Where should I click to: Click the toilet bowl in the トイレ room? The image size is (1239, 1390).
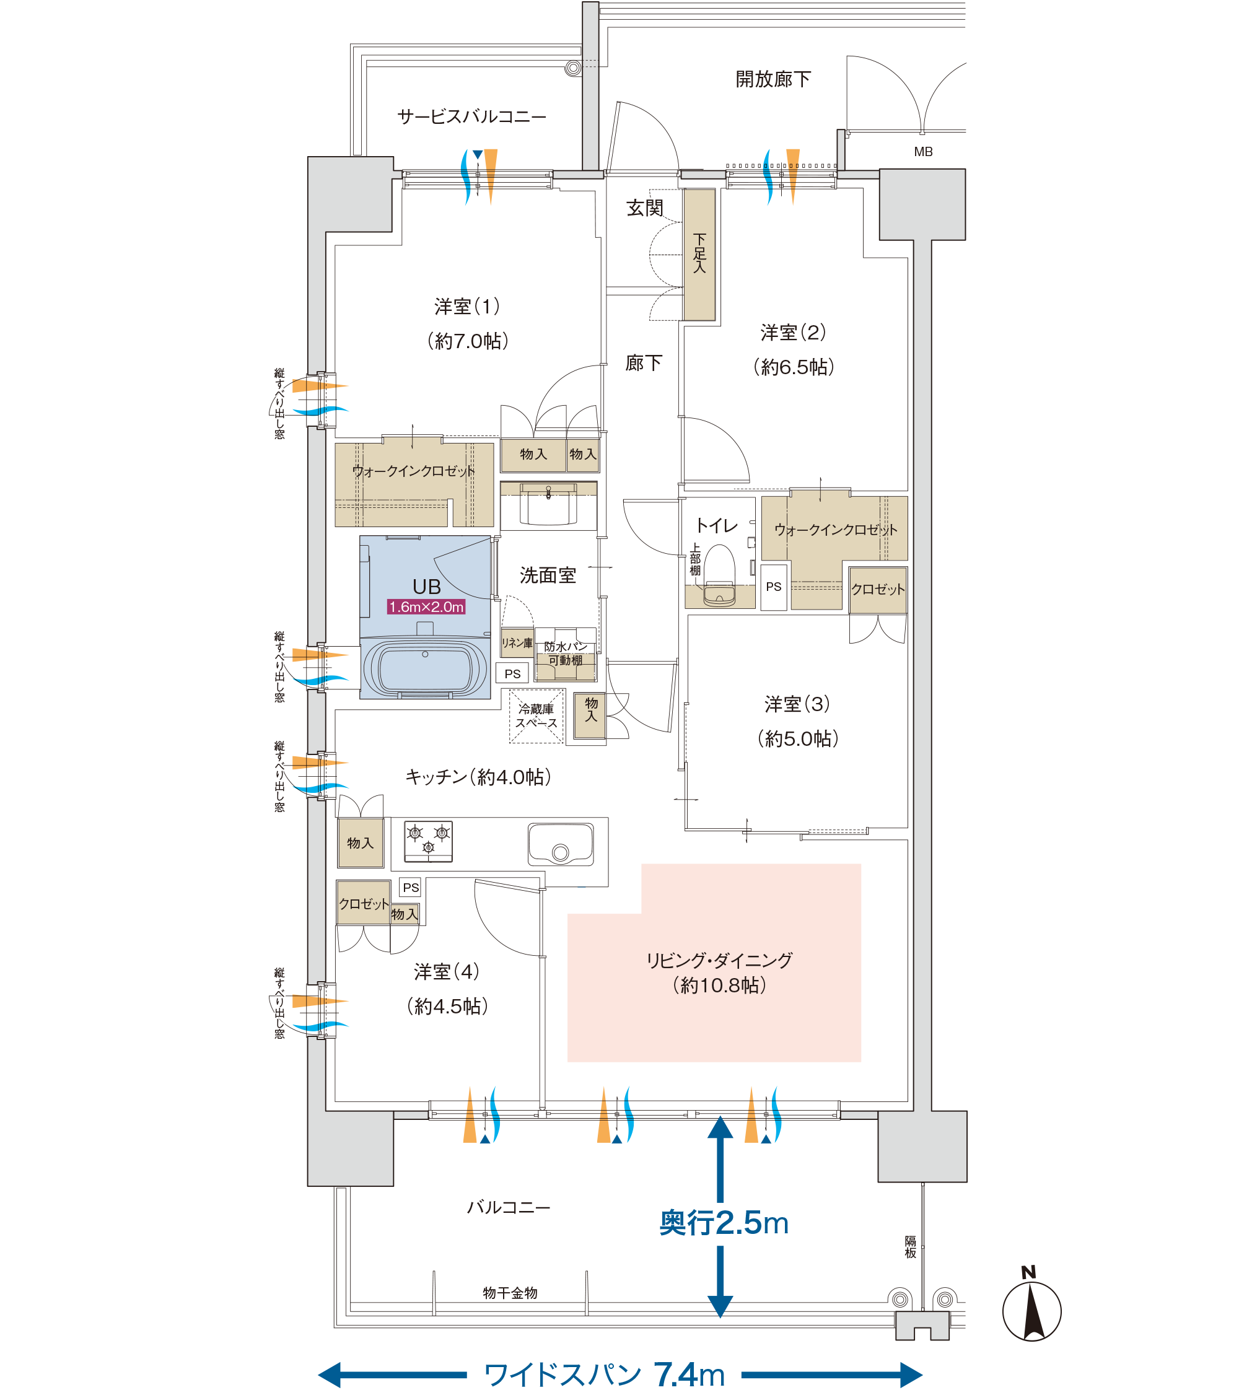(720, 576)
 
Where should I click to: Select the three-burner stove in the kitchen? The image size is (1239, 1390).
(428, 841)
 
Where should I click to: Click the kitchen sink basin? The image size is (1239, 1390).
(560, 844)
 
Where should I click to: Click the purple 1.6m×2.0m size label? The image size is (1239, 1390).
(426, 606)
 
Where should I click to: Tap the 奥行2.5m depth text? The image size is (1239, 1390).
(724, 1223)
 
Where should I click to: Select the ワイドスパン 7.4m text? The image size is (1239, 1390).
(604, 1375)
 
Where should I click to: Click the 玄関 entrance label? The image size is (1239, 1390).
(645, 208)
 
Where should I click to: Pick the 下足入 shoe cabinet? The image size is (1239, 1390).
(699, 254)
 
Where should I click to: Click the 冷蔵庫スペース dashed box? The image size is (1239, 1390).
(536, 716)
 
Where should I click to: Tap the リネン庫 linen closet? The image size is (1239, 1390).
(517, 642)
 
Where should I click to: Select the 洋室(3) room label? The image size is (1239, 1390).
(797, 704)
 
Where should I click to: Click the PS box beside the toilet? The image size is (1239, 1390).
(773, 587)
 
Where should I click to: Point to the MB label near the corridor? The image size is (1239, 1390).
(923, 152)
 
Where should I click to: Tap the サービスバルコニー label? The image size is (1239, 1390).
(472, 117)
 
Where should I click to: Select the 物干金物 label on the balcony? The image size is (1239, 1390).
(510, 1293)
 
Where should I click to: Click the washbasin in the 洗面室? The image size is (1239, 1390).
(548, 504)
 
